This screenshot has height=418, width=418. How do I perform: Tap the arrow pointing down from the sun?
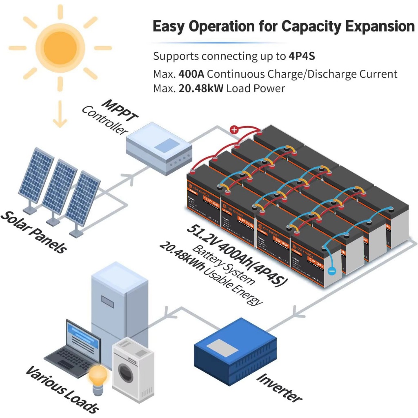(x=60, y=114)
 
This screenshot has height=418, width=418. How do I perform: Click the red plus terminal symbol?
(x=234, y=130)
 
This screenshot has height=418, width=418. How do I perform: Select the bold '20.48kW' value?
(x=201, y=88)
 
